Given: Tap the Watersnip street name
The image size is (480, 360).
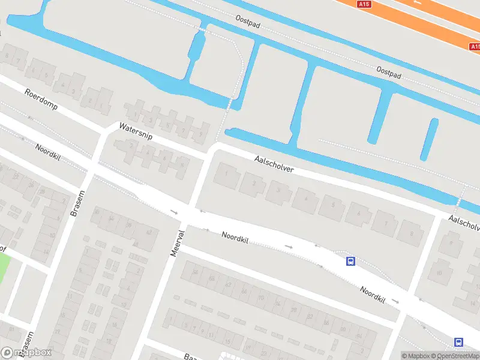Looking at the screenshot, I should point(136,131).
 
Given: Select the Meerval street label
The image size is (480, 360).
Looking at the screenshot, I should point(176,242).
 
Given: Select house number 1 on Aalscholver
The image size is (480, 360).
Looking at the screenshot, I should point(226,174).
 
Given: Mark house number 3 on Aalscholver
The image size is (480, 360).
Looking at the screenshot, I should point(278,190).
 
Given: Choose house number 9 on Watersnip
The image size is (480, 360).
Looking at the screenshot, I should point(200,133).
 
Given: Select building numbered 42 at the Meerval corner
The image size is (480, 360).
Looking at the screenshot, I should point(148,230).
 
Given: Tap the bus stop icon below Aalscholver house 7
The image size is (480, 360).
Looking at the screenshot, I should point(350,261).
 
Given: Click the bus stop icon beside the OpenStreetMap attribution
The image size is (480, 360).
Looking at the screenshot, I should point(458,343).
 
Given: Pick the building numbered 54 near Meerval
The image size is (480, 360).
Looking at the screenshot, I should point(194,272).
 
